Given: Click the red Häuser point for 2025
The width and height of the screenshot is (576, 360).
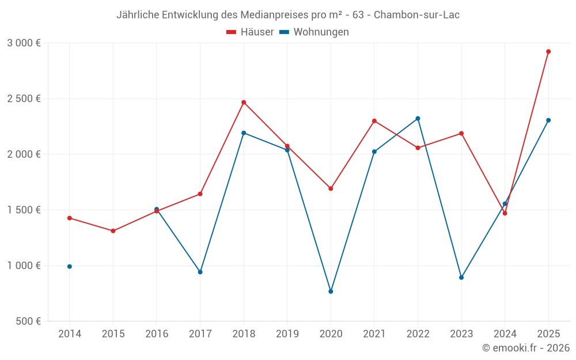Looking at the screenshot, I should pos(548,51).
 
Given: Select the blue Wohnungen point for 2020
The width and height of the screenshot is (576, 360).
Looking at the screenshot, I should pos(331,291).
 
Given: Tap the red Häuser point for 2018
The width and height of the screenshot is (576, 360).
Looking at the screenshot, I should pos(244,103).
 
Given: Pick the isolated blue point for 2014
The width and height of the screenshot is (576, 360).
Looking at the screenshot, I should pos(70,267).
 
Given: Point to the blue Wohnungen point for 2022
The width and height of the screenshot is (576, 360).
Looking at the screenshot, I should pos(418,119).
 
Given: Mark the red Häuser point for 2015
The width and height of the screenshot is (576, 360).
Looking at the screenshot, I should pos(113,231).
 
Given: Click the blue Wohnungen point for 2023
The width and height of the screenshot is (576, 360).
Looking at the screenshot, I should pos(461,278).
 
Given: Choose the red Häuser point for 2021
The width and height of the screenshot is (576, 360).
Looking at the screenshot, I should pos(374,121).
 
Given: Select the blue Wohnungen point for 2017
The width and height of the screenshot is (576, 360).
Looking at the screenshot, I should pos(200,272).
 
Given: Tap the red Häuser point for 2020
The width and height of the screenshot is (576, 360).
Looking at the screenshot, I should pos(331,188).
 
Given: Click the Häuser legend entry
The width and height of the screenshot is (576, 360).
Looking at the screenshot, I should pos(251,32).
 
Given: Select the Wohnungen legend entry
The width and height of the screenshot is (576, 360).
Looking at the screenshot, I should pos(314,32).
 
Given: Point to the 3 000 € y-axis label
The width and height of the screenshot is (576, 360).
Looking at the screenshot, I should pos(24,43).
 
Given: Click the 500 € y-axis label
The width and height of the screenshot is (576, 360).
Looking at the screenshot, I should pos(28,321).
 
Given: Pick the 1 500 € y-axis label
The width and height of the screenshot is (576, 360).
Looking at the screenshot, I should pos(24,210).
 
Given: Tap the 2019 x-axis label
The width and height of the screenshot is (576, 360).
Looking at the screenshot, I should pos(287,334).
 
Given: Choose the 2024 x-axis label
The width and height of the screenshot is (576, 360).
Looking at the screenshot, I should pos(505,334).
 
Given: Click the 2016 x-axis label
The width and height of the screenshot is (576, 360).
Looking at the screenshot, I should pos(157,334).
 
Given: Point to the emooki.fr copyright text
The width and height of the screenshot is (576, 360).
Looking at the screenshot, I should pos(526,348).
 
